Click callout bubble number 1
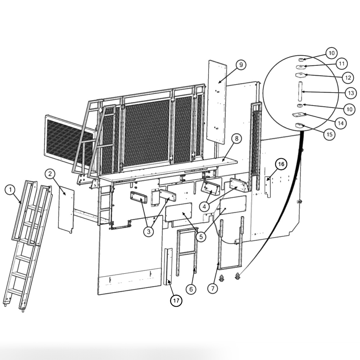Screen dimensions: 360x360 click(x=10, y=190)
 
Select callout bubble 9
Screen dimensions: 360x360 click(x=241, y=65)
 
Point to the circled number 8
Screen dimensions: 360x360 click(x=236, y=139)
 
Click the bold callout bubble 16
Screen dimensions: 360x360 click(x=281, y=164)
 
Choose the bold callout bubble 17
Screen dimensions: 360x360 click(x=176, y=300)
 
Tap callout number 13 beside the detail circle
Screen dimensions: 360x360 click(x=350, y=93)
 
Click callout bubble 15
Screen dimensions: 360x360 click(x=329, y=134)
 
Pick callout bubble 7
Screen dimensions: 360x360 click(x=213, y=289)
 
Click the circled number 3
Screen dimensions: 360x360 click(x=148, y=232)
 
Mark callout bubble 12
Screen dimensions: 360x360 click(x=348, y=77)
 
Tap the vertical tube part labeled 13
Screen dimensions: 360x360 click(x=300, y=91)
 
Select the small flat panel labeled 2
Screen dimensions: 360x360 click(x=66, y=209)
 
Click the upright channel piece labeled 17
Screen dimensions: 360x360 click(x=168, y=266)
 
